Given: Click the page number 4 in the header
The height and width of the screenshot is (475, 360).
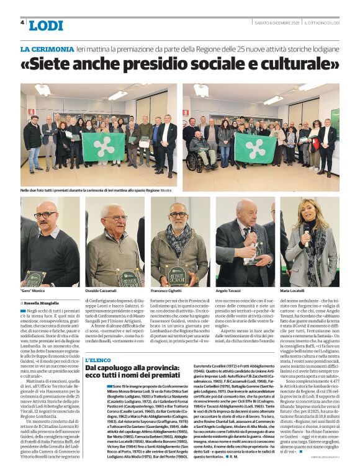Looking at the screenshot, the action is [x=23, y=23].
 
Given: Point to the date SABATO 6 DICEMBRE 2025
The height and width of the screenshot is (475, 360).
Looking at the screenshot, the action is [x=274, y=24].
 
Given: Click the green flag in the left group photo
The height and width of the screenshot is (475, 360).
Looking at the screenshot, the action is [x=102, y=146].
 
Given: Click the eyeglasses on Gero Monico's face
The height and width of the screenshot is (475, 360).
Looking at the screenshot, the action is [x=45, y=215].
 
